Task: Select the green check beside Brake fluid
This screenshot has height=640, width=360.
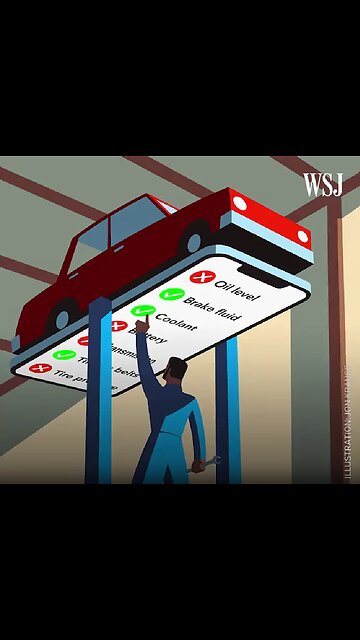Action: coord(171,295)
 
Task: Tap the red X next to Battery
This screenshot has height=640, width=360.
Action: coord(119,327)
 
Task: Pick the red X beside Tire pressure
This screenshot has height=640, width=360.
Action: coord(39,368)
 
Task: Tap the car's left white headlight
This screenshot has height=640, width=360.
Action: coord(239,204)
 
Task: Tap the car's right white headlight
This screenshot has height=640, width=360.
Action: coord(303,236)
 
